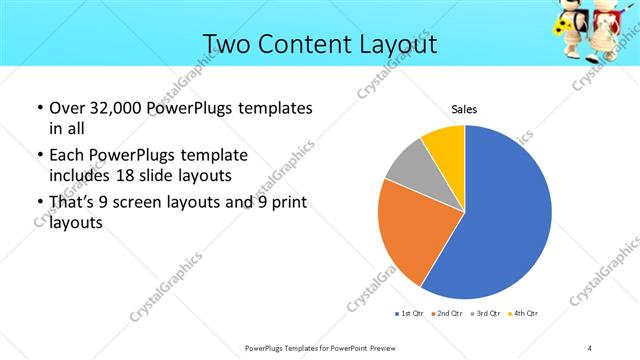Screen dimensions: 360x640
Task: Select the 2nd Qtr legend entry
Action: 448,314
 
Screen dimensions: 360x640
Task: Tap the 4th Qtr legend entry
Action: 524,314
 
